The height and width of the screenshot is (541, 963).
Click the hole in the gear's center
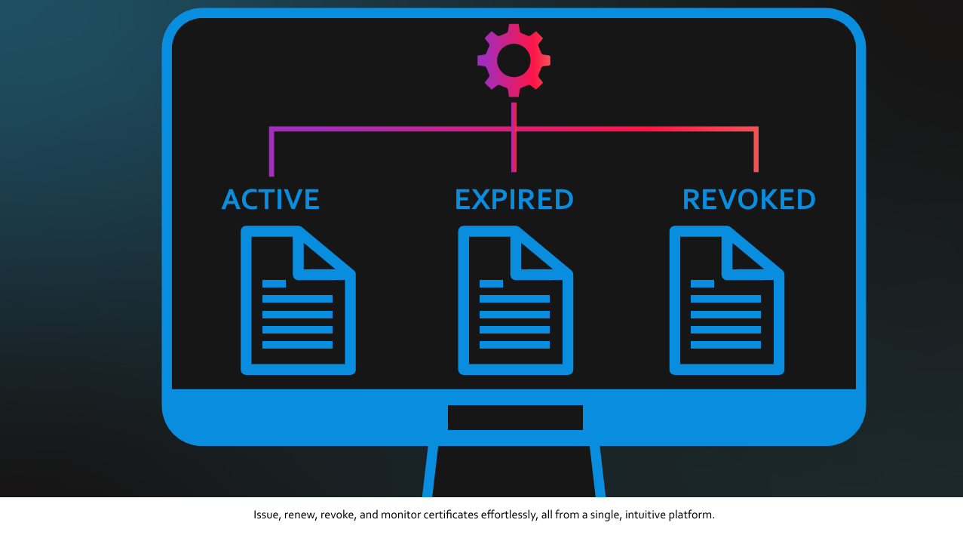(514, 60)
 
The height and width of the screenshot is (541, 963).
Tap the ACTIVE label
(271, 200)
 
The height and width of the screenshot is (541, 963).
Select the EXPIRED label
(514, 200)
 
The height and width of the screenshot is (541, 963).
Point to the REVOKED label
(749, 200)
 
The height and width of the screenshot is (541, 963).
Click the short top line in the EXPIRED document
(491, 284)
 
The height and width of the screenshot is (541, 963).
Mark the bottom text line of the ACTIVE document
(297, 345)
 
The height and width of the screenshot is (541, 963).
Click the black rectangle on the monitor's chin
(515, 417)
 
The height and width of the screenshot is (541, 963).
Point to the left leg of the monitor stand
(430, 472)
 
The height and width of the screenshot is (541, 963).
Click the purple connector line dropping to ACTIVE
(271, 155)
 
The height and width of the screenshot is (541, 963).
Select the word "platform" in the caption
(692, 515)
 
